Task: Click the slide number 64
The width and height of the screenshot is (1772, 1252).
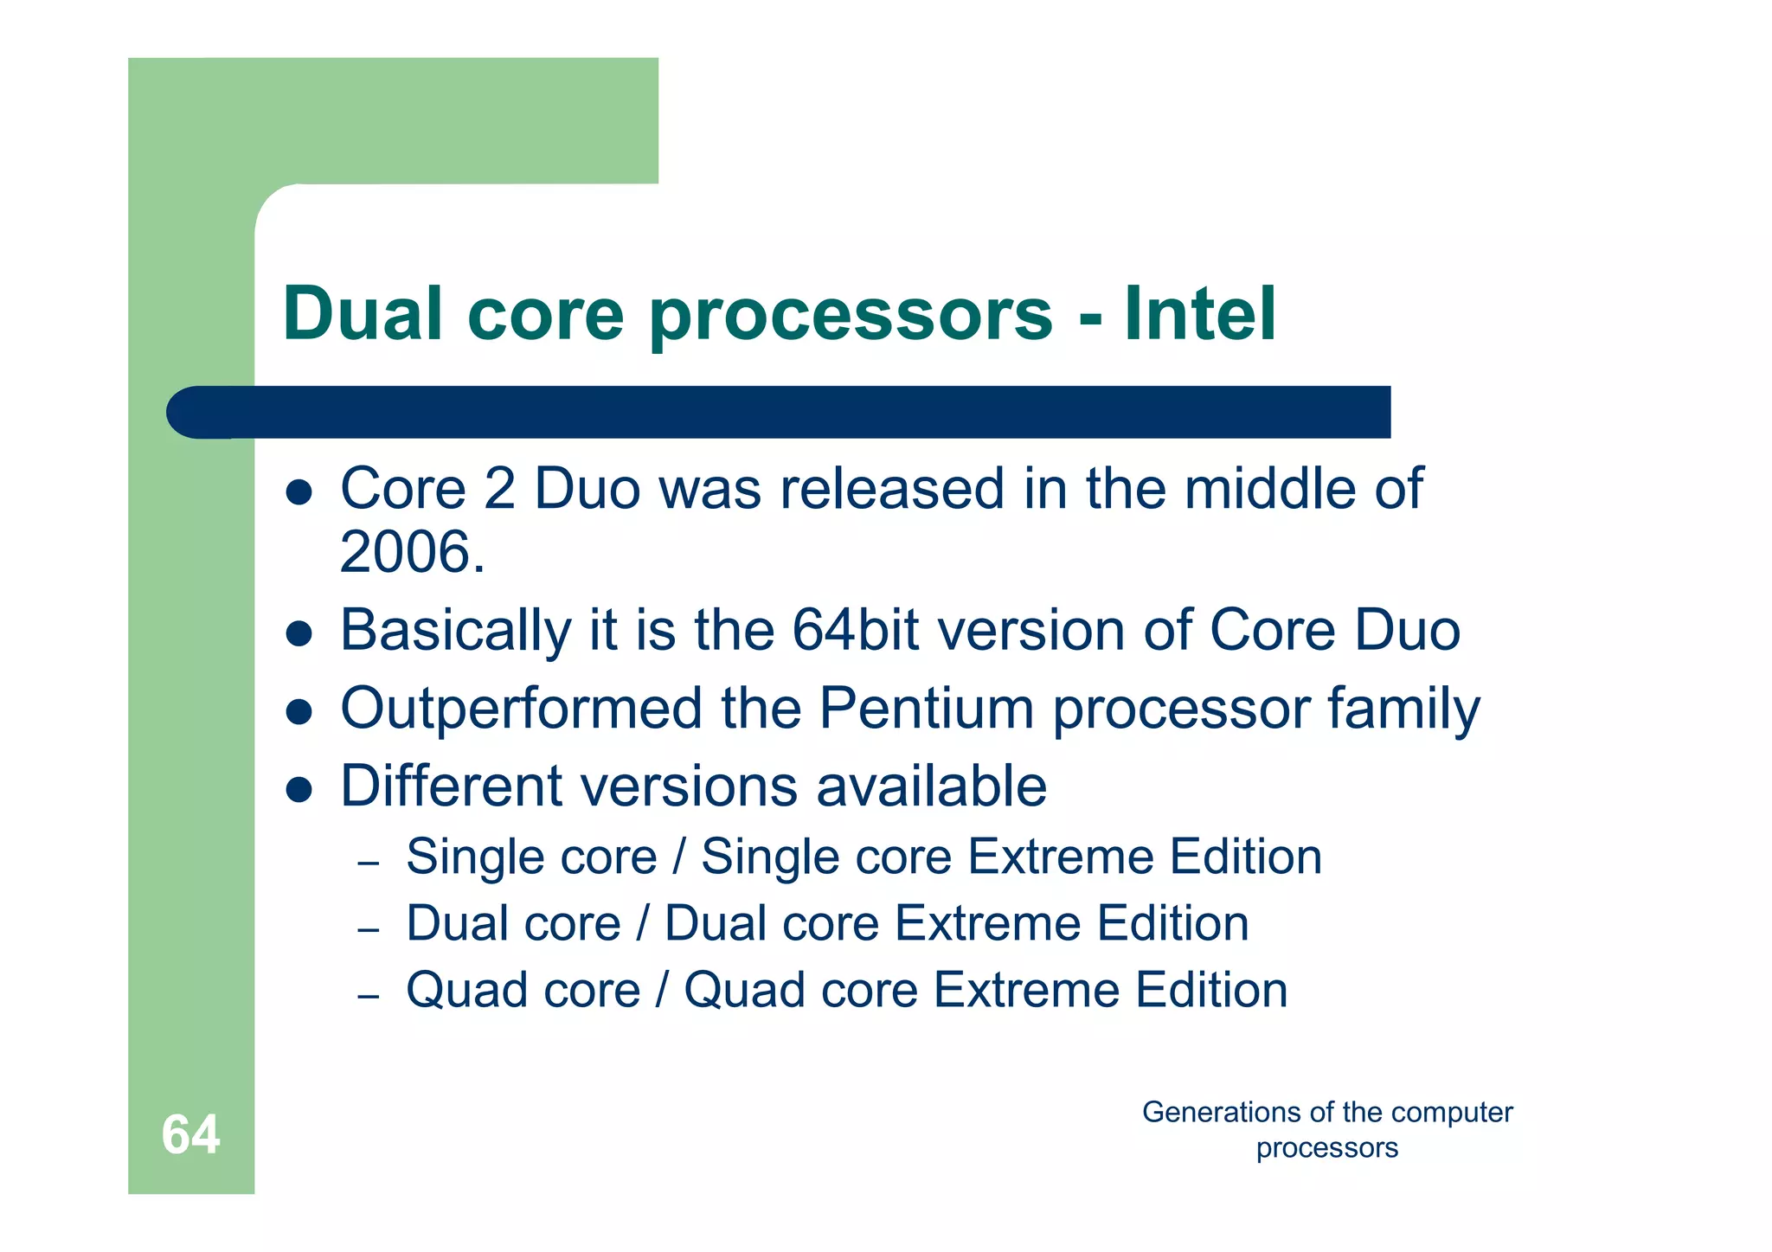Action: click(190, 1134)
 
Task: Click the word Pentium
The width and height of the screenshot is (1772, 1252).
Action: click(926, 709)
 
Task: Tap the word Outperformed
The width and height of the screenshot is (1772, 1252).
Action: click(521, 709)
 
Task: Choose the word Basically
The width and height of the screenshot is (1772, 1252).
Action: click(455, 630)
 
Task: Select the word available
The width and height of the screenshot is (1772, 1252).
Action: click(931, 787)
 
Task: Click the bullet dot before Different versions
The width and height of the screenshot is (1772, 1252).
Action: click(299, 789)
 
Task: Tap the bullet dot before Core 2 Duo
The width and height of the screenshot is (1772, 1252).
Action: click(299, 492)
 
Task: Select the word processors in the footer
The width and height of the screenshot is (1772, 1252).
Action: click(1326, 1148)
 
